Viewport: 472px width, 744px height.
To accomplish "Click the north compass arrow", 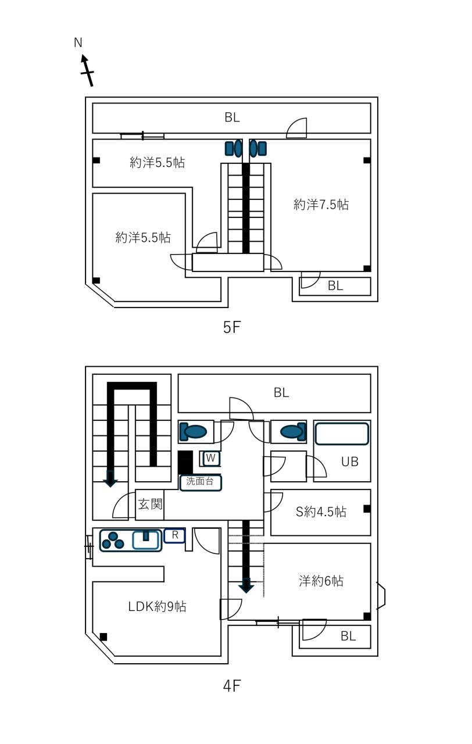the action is pos(87,70).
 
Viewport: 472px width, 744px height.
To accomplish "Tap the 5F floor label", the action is pos(232,327).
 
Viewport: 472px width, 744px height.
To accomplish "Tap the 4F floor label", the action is pos(232,685).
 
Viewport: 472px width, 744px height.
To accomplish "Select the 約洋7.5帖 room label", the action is pos(321,205).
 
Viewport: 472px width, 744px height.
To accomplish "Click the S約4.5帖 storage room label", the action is pos(321,512).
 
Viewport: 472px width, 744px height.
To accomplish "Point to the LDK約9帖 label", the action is pos(157,606).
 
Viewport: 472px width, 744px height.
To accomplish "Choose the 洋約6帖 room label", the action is pos(321,581).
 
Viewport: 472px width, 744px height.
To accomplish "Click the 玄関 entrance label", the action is pos(150,505).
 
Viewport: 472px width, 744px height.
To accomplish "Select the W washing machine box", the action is pos(210,459).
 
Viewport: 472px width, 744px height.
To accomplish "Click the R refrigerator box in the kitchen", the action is pos(175,535).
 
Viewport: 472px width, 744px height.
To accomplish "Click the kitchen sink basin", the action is pos(145,541).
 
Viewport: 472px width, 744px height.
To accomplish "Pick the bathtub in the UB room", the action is pos(342,434).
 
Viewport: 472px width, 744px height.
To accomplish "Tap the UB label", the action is pos(350,462).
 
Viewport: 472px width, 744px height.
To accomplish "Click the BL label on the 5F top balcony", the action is pos(232,117).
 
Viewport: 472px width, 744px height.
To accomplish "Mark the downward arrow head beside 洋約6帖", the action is pos(246,586).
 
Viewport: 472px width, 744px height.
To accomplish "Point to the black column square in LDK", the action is pos(103,636).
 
